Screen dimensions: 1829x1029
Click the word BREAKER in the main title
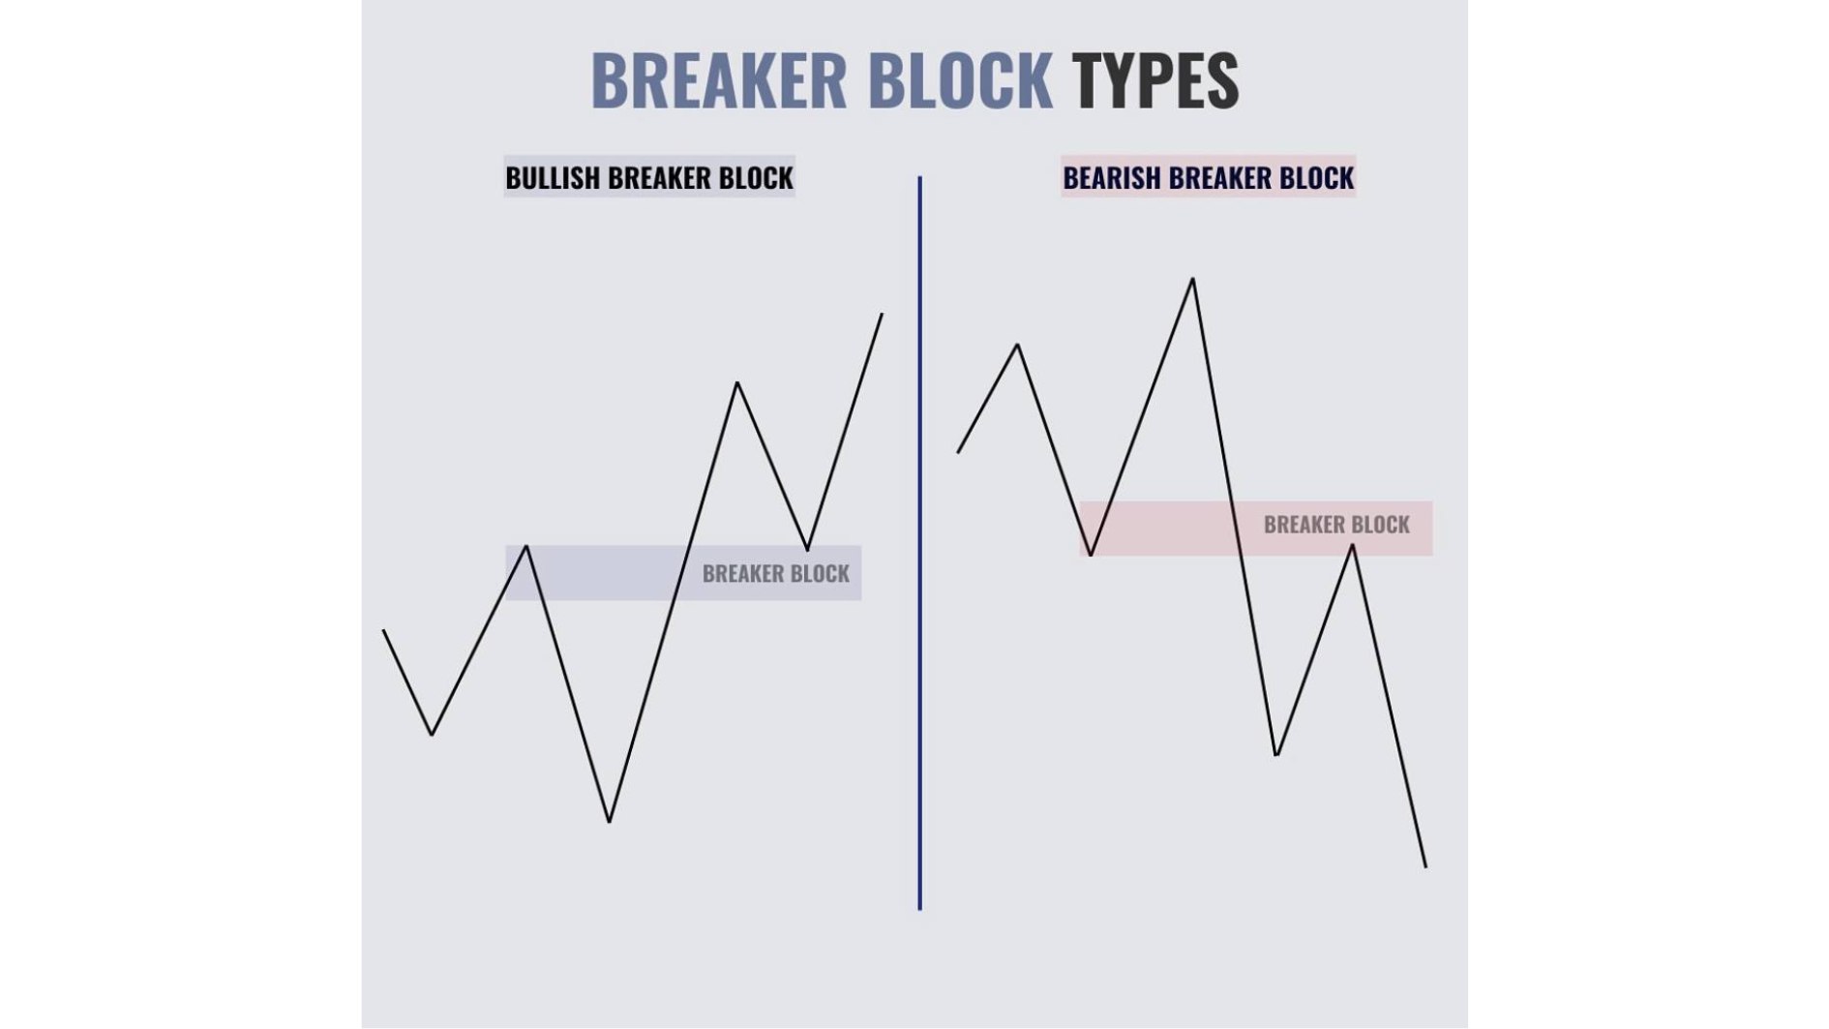(x=719, y=79)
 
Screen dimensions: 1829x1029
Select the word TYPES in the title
(x=1154, y=79)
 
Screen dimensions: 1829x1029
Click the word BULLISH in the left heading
(x=553, y=178)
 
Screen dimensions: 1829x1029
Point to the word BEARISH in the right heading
(x=1112, y=178)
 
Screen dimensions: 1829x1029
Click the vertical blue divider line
(x=919, y=543)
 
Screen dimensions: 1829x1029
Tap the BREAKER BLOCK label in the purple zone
(x=776, y=573)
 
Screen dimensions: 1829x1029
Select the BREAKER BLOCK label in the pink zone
(x=1336, y=525)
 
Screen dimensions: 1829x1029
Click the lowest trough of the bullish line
(x=609, y=822)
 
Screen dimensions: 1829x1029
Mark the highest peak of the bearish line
(x=1192, y=279)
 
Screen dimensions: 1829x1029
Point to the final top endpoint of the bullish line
(x=882, y=314)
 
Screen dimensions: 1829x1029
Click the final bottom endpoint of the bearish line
(x=1425, y=866)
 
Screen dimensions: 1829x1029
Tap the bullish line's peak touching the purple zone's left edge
(x=526, y=546)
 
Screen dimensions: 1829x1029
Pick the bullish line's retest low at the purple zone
(x=807, y=550)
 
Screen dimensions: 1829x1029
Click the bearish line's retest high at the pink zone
(x=1352, y=545)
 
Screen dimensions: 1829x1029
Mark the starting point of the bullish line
(x=384, y=630)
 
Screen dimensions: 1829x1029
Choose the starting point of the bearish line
(x=958, y=452)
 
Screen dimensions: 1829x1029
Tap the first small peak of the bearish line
(x=1018, y=344)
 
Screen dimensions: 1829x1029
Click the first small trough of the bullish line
(x=432, y=735)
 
